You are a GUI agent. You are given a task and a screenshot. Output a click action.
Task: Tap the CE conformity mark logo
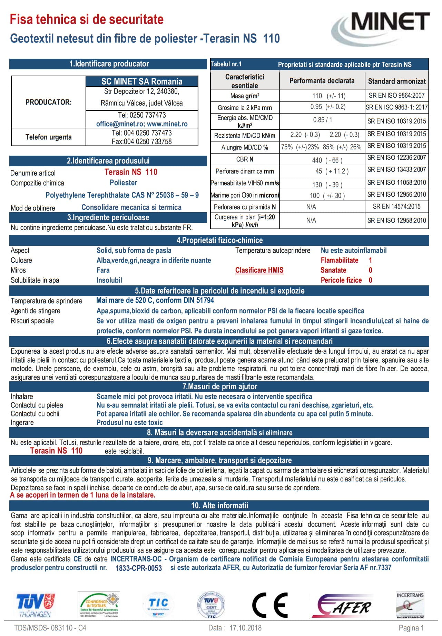click(x=270, y=605)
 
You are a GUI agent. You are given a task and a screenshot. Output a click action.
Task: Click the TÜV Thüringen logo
click(x=35, y=605)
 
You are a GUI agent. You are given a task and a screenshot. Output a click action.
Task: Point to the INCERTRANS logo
click(x=410, y=605)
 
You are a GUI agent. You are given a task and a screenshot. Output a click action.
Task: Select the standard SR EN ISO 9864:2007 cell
click(x=396, y=96)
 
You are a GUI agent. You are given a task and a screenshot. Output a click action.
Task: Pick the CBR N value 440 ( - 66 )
click(x=327, y=160)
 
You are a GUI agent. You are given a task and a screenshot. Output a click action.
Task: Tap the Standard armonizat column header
click(x=397, y=81)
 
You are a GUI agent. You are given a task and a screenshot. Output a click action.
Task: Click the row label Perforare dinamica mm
click(x=245, y=171)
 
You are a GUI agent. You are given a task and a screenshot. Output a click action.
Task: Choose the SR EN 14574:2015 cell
click(x=396, y=207)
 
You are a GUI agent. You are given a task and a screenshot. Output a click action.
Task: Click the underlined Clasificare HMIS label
click(x=259, y=270)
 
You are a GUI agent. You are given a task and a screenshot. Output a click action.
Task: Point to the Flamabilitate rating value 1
click(x=370, y=260)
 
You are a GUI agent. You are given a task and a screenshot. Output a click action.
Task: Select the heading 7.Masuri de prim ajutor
click(x=220, y=387)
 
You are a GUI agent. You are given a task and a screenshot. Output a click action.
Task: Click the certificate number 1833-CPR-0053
click(x=139, y=568)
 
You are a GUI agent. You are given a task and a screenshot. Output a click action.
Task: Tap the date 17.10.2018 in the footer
click(x=245, y=628)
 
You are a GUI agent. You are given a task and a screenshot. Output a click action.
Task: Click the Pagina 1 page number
click(x=411, y=628)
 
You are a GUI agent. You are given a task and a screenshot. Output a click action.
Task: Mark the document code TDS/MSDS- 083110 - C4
click(x=50, y=628)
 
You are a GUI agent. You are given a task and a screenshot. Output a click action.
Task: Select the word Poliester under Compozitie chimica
click(x=123, y=183)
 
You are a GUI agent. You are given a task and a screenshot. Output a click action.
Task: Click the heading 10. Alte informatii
click(x=220, y=506)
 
